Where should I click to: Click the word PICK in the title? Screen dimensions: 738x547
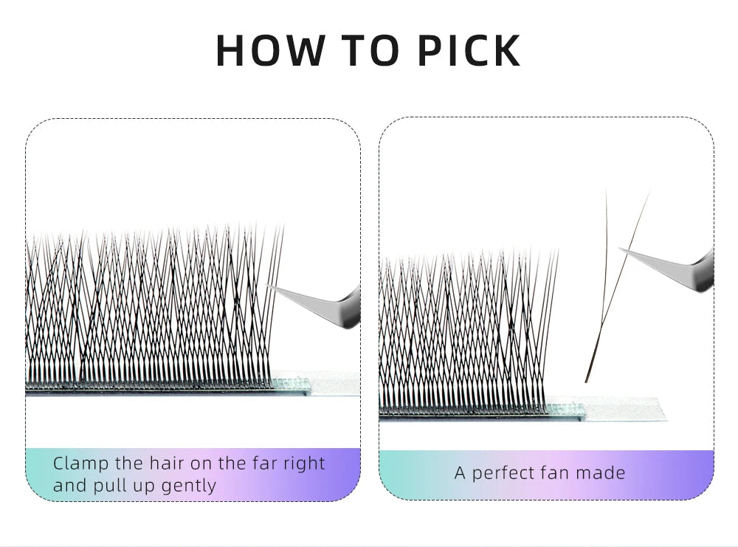pyautogui.click(x=469, y=50)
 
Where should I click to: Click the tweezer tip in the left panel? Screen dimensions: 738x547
pyautogui.click(x=267, y=285)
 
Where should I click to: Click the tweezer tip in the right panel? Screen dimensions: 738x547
pyautogui.click(x=619, y=249)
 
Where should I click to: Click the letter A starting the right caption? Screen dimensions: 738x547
pyautogui.click(x=460, y=473)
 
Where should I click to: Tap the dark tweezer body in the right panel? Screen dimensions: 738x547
pyautogui.click(x=705, y=271)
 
